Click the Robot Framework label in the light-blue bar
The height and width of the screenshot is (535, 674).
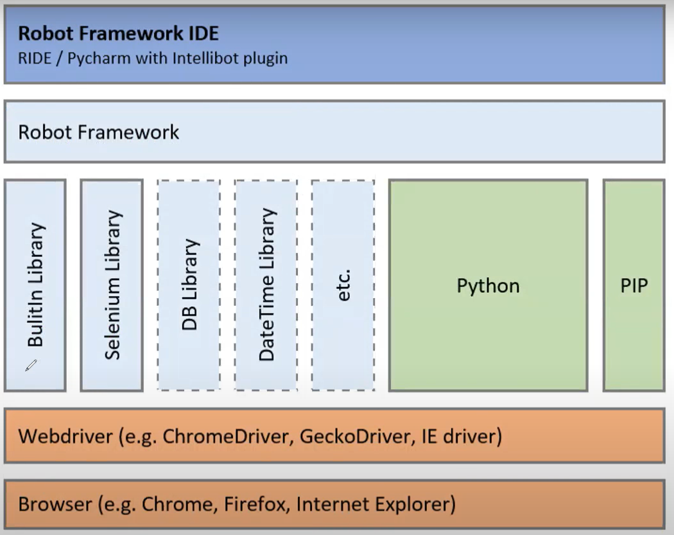99,132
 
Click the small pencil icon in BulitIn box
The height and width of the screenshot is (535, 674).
31,365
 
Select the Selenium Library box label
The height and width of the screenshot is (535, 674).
112,285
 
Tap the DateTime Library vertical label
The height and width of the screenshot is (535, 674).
266,285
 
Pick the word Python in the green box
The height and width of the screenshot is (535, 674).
488,285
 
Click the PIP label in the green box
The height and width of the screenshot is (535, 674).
634,285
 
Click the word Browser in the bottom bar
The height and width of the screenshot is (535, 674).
55,504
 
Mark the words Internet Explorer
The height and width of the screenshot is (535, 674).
373,504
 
